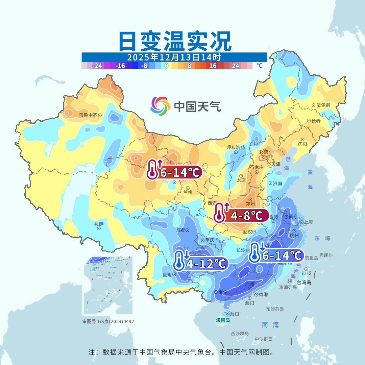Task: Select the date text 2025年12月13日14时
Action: (174, 57)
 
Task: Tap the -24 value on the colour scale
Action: (97, 66)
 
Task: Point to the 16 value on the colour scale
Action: (213, 66)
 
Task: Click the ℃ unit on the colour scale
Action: (259, 66)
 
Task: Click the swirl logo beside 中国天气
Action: (160, 106)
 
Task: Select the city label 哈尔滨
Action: (323, 105)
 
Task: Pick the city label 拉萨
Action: (99, 224)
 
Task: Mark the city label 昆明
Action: (167, 274)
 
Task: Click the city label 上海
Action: (308, 222)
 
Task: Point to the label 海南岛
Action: (223, 320)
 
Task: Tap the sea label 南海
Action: (270, 325)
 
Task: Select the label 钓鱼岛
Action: (311, 258)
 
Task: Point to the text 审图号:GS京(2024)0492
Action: (108, 321)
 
